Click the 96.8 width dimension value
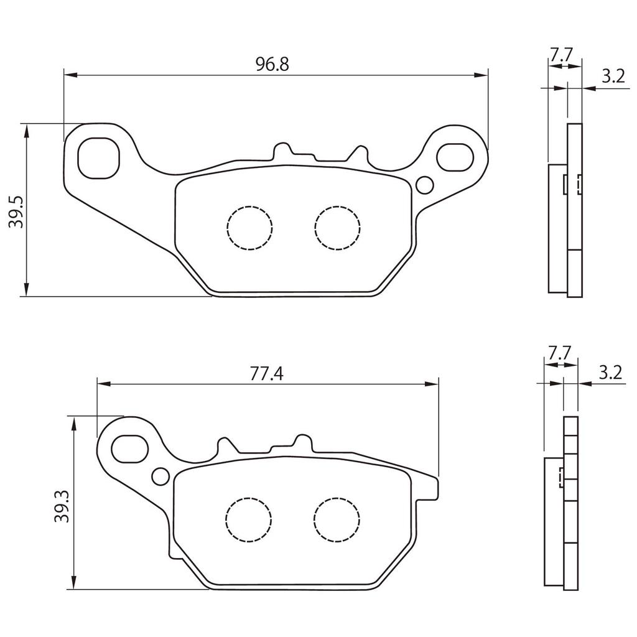272,64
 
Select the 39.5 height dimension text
17,212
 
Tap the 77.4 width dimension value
267,373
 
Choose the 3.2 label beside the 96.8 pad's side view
613,77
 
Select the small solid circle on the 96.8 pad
425,185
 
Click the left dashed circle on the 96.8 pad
250,227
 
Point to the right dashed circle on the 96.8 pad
338,227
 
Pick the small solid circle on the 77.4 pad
160,476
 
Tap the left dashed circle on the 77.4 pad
249,519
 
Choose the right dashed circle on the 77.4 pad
337,519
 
